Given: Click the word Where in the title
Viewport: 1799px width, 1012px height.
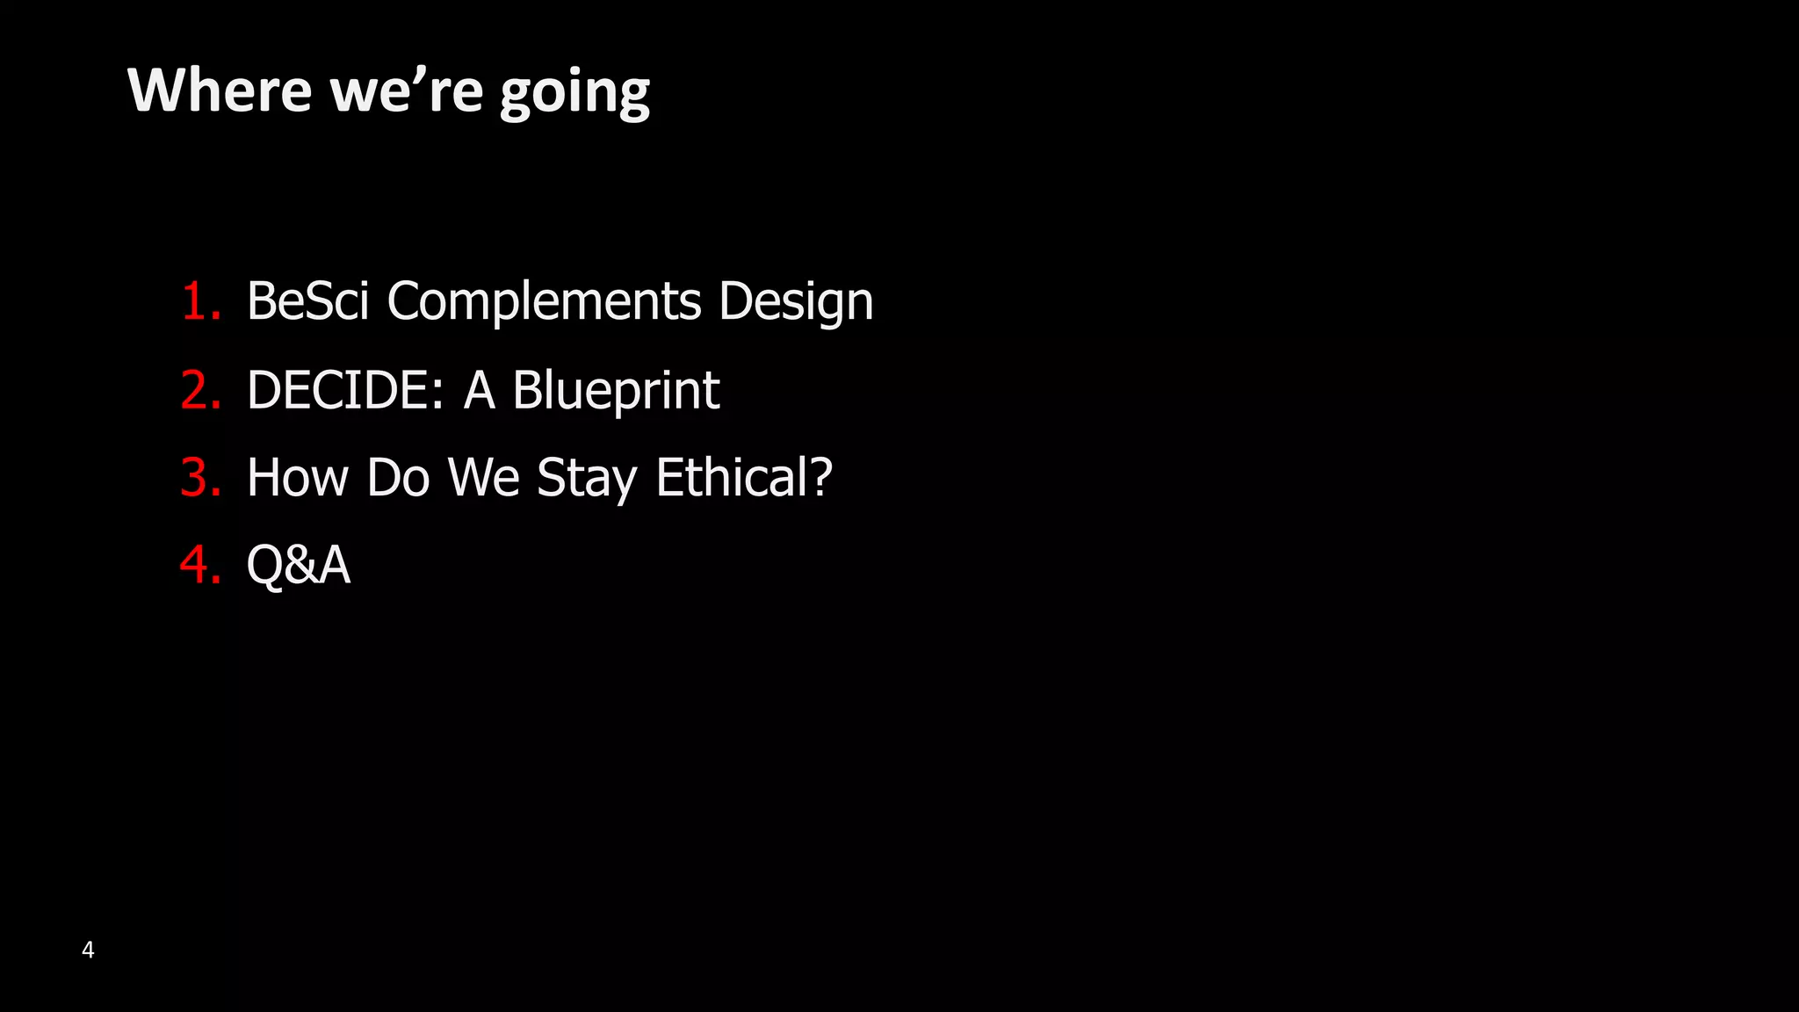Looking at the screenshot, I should [x=220, y=90].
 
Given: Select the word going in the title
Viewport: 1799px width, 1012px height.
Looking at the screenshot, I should [x=575, y=93].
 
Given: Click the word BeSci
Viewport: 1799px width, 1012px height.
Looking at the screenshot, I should [x=307, y=301].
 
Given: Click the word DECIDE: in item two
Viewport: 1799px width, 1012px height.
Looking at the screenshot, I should [x=344, y=390].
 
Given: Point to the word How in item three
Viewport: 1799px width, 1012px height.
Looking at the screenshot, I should [x=298, y=478].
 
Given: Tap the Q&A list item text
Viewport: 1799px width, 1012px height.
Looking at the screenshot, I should [x=299, y=565].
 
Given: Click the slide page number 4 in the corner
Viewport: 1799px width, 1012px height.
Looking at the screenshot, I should [x=88, y=950].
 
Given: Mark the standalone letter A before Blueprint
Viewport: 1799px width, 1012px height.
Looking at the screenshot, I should [x=480, y=390].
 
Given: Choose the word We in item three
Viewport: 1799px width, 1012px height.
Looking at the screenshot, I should [x=484, y=478].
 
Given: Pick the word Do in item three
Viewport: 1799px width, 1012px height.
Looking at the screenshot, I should [x=398, y=478].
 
